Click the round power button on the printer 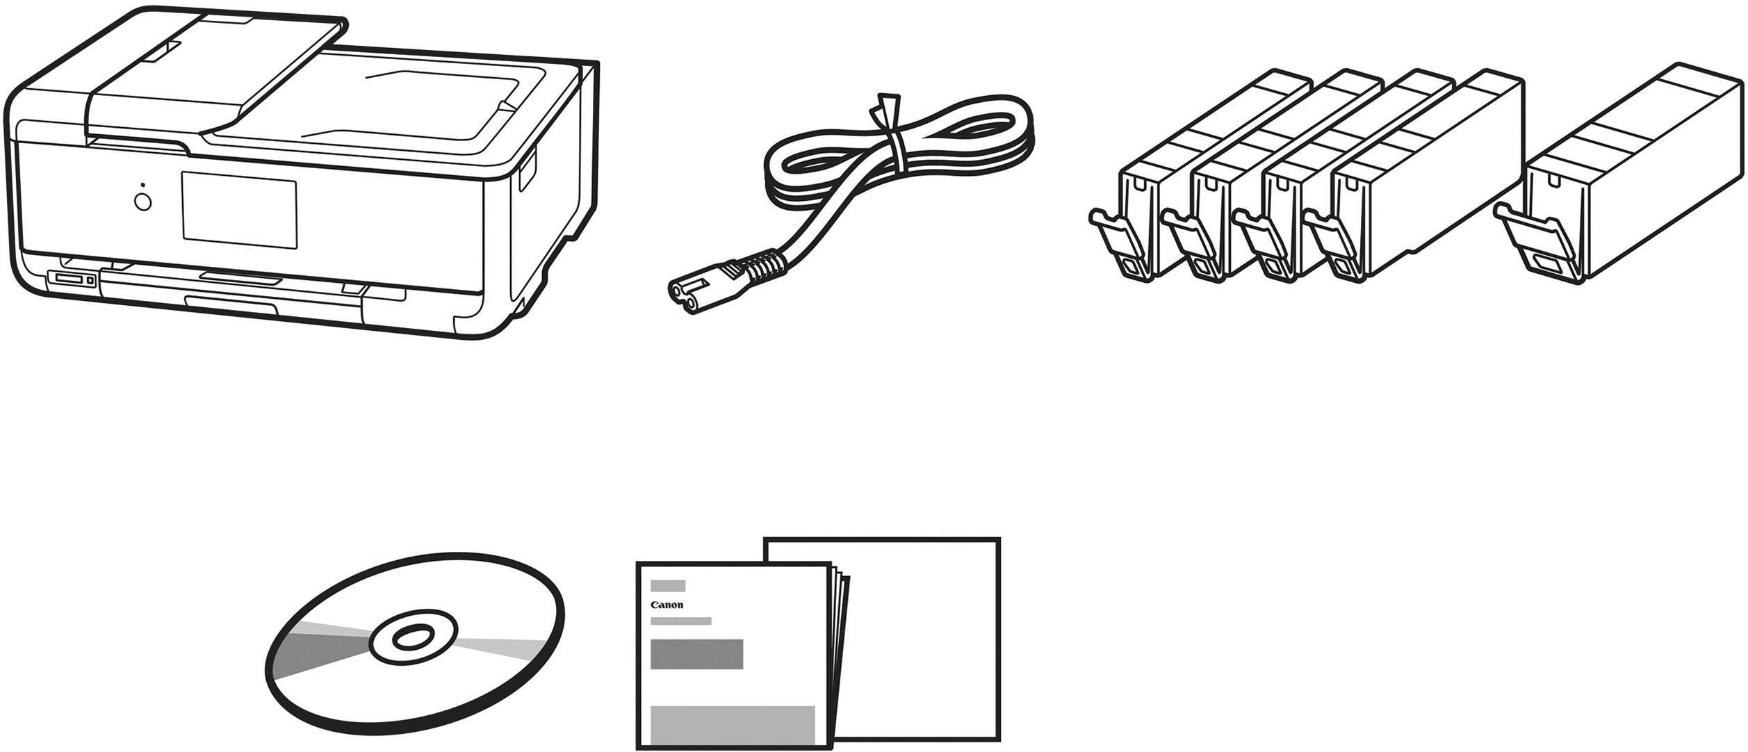[142, 202]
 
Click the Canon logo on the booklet [667, 605]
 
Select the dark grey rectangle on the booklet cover [696, 654]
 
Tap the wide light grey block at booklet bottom [733, 725]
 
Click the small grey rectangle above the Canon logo [668, 586]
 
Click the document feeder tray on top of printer [215, 70]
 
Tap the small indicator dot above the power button [142, 186]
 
